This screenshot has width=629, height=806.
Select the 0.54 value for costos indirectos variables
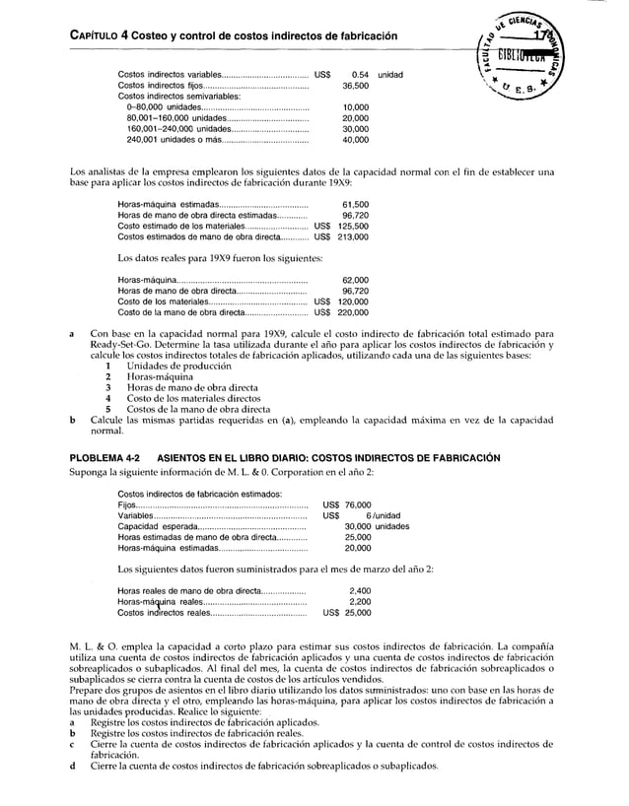[360, 75]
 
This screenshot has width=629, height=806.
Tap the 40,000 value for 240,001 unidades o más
[355, 140]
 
